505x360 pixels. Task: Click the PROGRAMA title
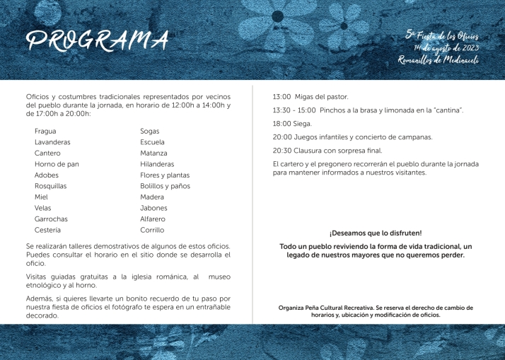[98, 41]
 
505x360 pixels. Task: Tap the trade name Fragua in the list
[45, 131]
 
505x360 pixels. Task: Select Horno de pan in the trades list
[57, 164]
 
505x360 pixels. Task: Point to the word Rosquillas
[50, 186]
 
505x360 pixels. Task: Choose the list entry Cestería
[47, 230]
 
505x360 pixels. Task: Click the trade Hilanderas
[157, 164]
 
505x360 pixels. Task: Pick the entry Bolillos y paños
[165, 186]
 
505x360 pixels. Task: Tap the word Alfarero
[153, 219]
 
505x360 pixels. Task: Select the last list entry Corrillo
[152, 230]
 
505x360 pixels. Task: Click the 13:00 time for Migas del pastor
[282, 96]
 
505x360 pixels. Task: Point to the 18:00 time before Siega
[282, 123]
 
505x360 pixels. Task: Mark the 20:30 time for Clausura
[282, 151]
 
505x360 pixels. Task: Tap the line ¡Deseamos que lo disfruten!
[376, 233]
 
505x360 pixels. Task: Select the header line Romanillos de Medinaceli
[439, 61]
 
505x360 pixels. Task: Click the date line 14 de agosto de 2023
[446, 48]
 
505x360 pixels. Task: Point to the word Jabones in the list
[153, 208]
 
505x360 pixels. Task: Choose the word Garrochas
[51, 219]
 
